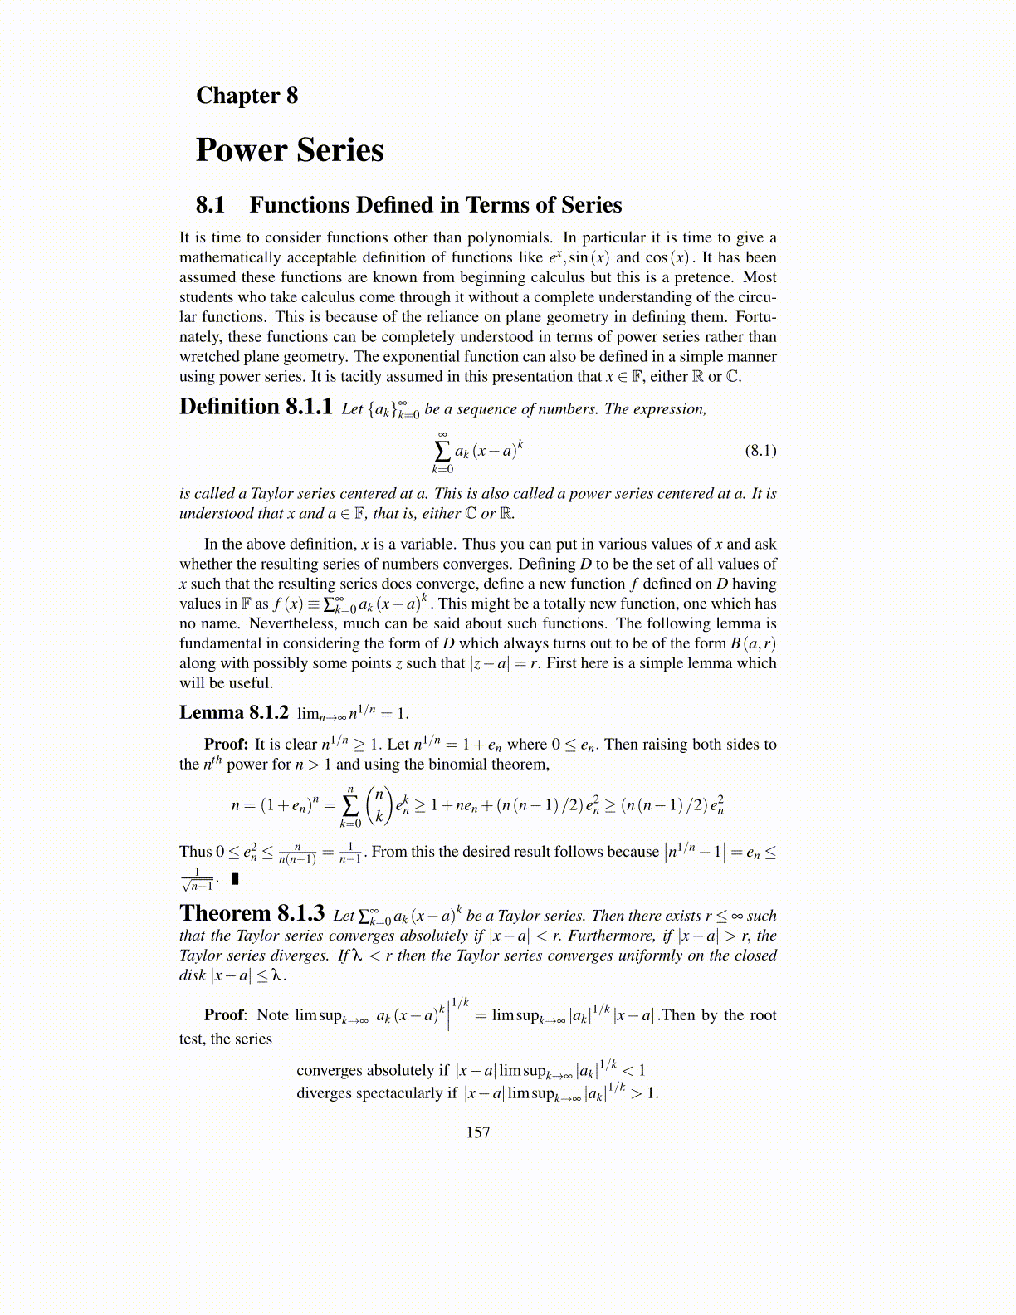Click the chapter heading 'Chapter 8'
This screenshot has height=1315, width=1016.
pyautogui.click(x=247, y=95)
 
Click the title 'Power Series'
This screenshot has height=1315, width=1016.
pyautogui.click(x=290, y=150)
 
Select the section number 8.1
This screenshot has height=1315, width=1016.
pyautogui.click(x=211, y=205)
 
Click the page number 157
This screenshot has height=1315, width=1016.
pyautogui.click(x=478, y=1132)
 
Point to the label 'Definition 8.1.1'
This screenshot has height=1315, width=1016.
pyautogui.click(x=256, y=407)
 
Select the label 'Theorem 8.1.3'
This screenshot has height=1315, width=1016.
pyautogui.click(x=252, y=913)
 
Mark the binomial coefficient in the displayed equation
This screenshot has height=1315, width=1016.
pyautogui.click(x=379, y=804)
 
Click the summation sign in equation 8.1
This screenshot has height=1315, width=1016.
pyautogui.click(x=442, y=451)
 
